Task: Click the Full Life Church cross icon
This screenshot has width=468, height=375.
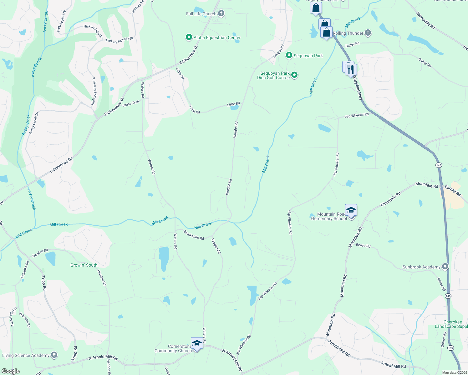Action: click(x=221, y=13)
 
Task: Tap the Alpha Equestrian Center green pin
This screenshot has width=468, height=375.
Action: click(x=189, y=37)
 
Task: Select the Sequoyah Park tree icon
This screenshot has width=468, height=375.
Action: click(x=289, y=56)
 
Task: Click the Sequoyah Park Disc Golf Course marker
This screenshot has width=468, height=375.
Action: click(x=294, y=75)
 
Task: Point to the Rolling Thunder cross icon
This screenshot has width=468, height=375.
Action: click(x=368, y=33)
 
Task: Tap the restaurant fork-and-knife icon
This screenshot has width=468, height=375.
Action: click(x=351, y=69)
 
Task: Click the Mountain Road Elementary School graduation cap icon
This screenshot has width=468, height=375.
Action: click(x=351, y=210)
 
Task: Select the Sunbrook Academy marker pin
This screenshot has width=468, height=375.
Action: click(x=445, y=267)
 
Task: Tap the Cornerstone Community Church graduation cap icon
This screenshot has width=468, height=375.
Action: click(x=196, y=343)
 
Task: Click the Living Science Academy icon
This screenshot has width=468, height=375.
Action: click(x=54, y=355)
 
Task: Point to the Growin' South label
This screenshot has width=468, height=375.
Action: click(x=84, y=265)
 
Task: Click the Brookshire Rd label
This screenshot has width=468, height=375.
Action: click(x=194, y=235)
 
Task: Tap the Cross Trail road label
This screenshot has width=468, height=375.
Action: click(x=131, y=103)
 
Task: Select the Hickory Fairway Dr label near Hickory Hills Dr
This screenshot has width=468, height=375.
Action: click(x=120, y=40)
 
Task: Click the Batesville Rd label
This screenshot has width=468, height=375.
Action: click(x=425, y=21)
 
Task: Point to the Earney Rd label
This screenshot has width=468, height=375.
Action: click(x=453, y=191)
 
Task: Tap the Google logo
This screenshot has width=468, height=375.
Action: click(x=10, y=371)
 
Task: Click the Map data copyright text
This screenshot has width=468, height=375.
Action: click(x=455, y=372)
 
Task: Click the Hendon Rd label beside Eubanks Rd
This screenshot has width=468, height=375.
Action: click(x=40, y=253)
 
